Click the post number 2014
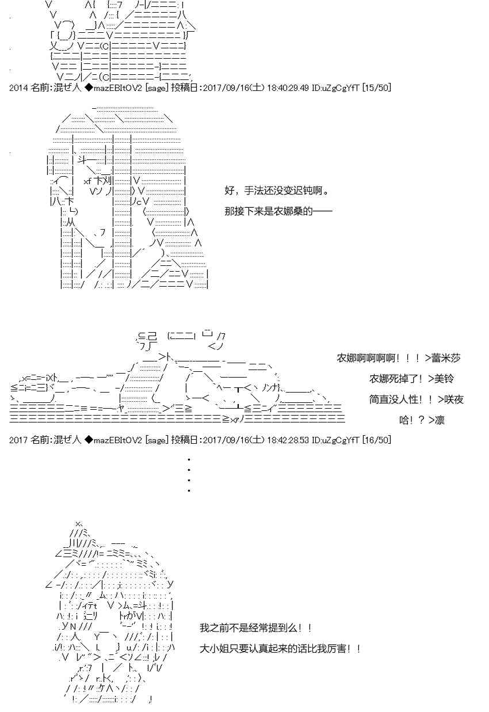pyautogui.click(x=19, y=87)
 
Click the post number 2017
pyautogui.click(x=19, y=440)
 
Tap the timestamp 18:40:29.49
pyautogui.click(x=288, y=87)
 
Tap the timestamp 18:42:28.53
pyautogui.click(x=288, y=440)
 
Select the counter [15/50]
pyautogui.click(x=376, y=87)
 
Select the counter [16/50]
pyautogui.click(x=376, y=440)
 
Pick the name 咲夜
pyautogui.click(x=454, y=399)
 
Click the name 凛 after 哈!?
pyautogui.click(x=440, y=420)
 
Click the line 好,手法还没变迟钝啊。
pyautogui.click(x=277, y=191)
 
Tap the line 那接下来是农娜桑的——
pyautogui.click(x=278, y=211)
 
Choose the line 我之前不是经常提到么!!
pyautogui.click(x=256, y=628)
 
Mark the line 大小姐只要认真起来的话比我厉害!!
pyautogui.click(x=280, y=649)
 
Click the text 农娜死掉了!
pyautogui.click(x=396, y=379)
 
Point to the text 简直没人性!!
pyautogui.click(x=401, y=399)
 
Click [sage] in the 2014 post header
pyautogui.click(x=156, y=87)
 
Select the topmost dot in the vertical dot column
pyautogui.click(x=189, y=460)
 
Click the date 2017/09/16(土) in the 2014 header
pyautogui.click(x=234, y=87)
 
